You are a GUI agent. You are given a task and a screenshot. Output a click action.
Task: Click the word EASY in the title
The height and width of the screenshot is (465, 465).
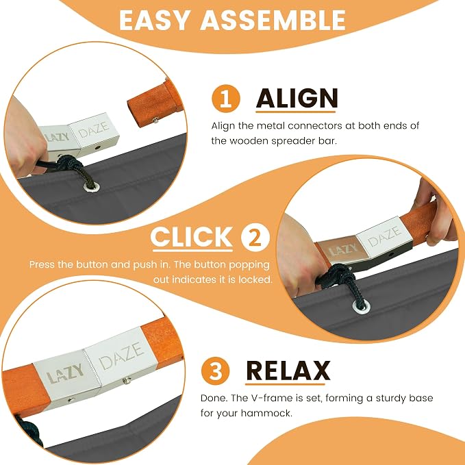(x=154, y=20)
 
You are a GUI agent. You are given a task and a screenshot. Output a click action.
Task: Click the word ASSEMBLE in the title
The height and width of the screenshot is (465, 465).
(x=273, y=20)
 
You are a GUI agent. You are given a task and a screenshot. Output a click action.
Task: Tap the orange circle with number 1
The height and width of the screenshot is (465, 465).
(x=226, y=99)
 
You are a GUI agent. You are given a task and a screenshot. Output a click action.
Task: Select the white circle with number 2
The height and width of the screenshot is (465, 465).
(x=255, y=238)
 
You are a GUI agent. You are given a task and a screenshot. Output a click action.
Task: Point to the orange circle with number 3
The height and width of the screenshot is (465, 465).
(x=215, y=370)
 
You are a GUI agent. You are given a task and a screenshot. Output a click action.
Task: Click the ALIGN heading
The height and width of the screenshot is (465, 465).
(x=297, y=99)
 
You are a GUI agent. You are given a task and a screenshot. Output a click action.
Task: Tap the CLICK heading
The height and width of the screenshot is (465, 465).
(x=192, y=237)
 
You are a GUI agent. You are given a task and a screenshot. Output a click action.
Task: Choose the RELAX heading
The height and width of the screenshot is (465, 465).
(x=288, y=370)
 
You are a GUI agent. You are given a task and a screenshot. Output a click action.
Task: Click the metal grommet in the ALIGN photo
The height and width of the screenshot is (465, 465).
(x=91, y=186)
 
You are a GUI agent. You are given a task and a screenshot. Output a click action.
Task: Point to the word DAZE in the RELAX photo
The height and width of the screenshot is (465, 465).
(x=121, y=355)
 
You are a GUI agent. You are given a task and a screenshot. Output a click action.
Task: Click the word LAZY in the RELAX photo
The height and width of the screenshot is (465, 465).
(x=65, y=374)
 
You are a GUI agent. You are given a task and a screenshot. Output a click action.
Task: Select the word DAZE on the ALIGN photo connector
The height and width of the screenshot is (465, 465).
(x=94, y=129)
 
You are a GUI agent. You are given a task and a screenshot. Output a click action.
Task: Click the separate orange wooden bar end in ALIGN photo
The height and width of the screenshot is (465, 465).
(x=153, y=103)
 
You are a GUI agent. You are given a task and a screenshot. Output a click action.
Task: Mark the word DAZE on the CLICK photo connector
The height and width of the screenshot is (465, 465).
(x=384, y=236)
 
